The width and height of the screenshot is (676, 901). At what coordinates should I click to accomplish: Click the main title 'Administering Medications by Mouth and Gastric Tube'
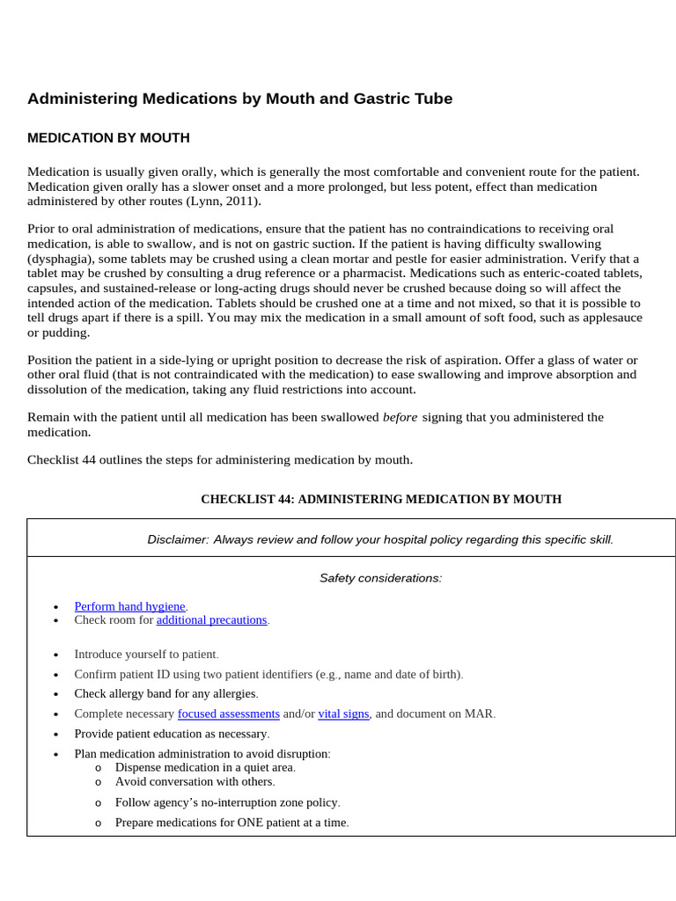[x=239, y=99]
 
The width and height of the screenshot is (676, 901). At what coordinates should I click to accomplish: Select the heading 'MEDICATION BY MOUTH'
[x=108, y=138]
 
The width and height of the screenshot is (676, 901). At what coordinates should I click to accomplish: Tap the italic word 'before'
[x=400, y=417]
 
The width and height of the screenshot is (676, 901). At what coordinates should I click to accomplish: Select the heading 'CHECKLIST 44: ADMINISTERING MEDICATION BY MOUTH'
[x=380, y=499]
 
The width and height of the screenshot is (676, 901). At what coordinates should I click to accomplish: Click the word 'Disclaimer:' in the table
[x=178, y=539]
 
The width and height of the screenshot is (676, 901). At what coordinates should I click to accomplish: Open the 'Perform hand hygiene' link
[x=129, y=606]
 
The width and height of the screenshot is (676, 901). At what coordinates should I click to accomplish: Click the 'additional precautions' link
[x=211, y=620]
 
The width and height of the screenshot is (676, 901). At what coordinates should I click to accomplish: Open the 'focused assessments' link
[x=228, y=714]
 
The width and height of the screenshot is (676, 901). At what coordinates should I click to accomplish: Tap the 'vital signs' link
[x=343, y=714]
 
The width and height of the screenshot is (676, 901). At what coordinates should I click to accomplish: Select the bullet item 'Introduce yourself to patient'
[x=145, y=655]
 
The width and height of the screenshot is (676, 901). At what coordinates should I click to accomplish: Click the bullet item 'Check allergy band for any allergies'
[x=165, y=693]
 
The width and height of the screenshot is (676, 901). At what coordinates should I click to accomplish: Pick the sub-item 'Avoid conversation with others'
[x=195, y=781]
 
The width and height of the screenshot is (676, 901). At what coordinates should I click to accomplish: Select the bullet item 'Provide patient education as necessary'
[x=172, y=734]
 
